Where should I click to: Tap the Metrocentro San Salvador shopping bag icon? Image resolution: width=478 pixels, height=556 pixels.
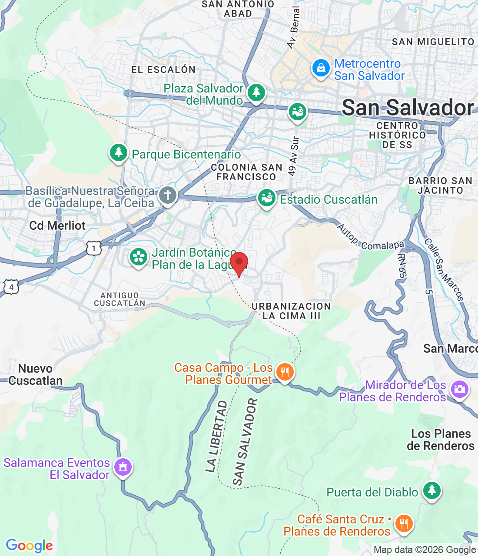[x=321, y=69]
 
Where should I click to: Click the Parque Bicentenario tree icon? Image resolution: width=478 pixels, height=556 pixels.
[x=118, y=153]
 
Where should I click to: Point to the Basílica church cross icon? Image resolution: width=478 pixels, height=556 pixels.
[x=168, y=195]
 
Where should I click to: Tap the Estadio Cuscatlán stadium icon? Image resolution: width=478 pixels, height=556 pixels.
[x=267, y=198]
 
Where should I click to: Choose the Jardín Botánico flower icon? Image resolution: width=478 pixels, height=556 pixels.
[x=139, y=257]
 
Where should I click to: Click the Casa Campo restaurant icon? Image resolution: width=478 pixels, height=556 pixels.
[x=285, y=372]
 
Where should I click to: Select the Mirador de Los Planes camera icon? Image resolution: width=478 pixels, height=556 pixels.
[x=459, y=389]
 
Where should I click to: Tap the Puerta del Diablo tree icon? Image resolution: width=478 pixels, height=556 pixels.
[x=432, y=490]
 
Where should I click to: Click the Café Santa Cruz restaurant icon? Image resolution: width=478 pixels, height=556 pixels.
[x=404, y=524]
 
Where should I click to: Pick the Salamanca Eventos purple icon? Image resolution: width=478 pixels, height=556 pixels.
[x=123, y=467]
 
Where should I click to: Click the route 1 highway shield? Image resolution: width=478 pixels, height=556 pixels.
[x=94, y=248]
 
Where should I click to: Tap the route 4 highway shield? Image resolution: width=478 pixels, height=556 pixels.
[x=11, y=287]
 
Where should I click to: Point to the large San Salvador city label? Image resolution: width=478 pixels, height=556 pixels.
[x=407, y=108]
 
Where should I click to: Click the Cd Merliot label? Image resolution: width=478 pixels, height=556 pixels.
[x=57, y=225]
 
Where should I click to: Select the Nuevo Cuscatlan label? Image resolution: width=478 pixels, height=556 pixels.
[x=36, y=374]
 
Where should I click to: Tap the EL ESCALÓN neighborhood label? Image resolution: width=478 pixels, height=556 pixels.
[x=163, y=69]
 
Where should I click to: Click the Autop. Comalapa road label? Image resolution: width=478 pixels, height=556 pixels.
[x=370, y=238]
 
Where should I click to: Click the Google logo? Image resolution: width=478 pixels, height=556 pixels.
[x=30, y=546]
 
